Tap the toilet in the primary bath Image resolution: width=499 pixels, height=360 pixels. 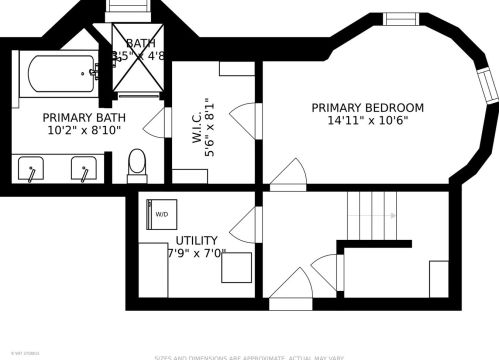[137, 164]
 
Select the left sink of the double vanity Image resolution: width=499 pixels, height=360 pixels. [33, 169]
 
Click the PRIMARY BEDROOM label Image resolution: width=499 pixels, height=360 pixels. [367, 108]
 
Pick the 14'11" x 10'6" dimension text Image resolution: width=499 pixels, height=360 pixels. [367, 121]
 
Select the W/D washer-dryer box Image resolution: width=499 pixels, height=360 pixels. [161, 213]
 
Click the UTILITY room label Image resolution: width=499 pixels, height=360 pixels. [197, 241]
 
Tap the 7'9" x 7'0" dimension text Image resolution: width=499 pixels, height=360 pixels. [197, 254]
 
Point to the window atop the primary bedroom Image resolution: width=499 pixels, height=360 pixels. [401, 19]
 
